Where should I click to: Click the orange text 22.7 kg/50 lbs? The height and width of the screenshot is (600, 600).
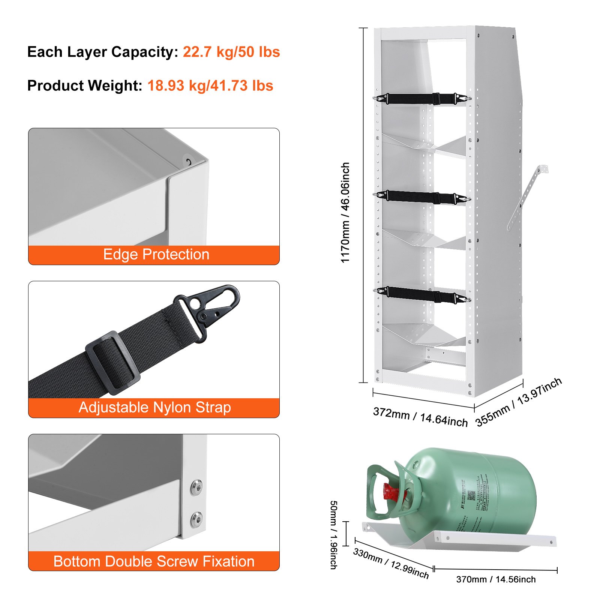(x=231, y=52)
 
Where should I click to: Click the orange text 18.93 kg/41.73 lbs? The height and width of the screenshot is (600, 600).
(x=210, y=86)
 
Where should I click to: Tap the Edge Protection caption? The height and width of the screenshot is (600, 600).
(x=156, y=255)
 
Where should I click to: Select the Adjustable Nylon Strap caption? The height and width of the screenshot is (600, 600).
(x=154, y=408)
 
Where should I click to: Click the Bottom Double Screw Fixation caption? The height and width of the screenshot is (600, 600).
(x=154, y=561)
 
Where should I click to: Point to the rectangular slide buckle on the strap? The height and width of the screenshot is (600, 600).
(x=112, y=363)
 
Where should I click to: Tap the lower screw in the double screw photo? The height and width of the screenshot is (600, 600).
(x=196, y=519)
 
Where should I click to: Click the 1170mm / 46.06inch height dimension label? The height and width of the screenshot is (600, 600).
(x=345, y=213)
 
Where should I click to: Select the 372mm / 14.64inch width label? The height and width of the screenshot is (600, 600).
(x=420, y=417)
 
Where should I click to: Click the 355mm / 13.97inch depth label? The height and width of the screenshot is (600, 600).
(x=519, y=402)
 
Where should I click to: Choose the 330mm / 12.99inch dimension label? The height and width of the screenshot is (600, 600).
(x=391, y=563)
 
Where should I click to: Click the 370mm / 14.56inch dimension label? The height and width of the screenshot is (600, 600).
(x=496, y=579)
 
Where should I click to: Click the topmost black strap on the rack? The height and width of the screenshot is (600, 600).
(x=422, y=99)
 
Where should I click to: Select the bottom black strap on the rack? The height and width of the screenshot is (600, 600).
(x=422, y=295)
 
